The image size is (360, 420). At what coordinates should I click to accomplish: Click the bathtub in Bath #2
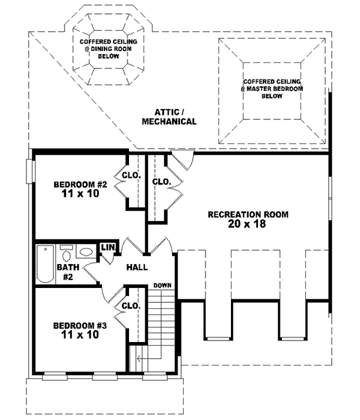tap(44, 265)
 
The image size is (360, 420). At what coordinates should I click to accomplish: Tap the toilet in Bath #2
tap(66, 252)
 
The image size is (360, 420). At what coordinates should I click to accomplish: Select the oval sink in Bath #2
tap(86, 252)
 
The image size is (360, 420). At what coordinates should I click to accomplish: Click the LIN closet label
tap(108, 247)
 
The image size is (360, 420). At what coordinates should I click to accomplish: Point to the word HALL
tap(137, 268)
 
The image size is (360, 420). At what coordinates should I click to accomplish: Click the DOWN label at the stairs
tap(162, 285)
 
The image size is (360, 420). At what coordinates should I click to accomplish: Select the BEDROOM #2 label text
tap(80, 184)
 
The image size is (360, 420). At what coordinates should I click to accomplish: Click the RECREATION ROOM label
tap(248, 214)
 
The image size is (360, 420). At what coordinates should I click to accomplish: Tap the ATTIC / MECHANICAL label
tap(169, 116)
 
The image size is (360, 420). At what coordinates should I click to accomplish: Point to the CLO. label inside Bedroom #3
tap(131, 305)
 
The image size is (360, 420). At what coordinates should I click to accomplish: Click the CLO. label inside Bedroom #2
tap(131, 176)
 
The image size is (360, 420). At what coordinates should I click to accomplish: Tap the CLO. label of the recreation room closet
tap(161, 181)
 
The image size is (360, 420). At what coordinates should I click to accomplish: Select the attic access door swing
tap(182, 160)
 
